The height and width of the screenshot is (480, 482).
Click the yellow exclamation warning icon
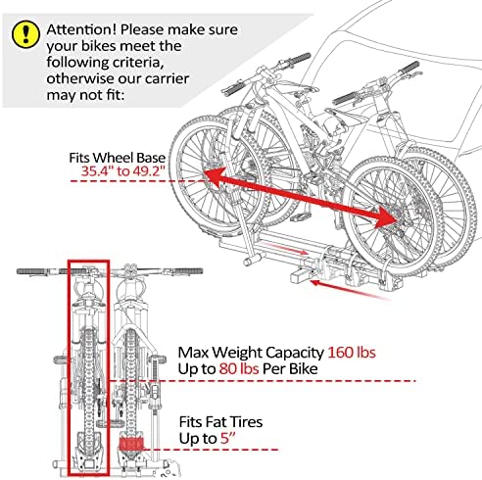tap(25, 34)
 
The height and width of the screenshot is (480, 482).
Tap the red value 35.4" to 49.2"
tap(122, 170)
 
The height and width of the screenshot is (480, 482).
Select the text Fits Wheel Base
tap(117, 158)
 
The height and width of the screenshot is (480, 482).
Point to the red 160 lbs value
tap(352, 353)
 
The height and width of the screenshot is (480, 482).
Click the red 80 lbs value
tap(239, 368)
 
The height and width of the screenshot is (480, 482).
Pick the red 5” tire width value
tap(228, 438)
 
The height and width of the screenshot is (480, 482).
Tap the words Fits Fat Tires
tap(220, 422)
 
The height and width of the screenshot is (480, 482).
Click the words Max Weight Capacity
tap(251, 353)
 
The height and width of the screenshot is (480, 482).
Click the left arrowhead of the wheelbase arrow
tap(214, 176)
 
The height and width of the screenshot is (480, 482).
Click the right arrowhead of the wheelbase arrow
tap(386, 219)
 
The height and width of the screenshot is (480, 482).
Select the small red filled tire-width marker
tap(131, 444)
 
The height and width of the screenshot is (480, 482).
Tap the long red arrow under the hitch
tap(349, 289)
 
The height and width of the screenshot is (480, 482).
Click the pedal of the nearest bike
tap(300, 216)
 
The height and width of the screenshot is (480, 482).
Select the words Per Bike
tap(290, 368)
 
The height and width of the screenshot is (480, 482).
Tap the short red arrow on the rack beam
tap(285, 248)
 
